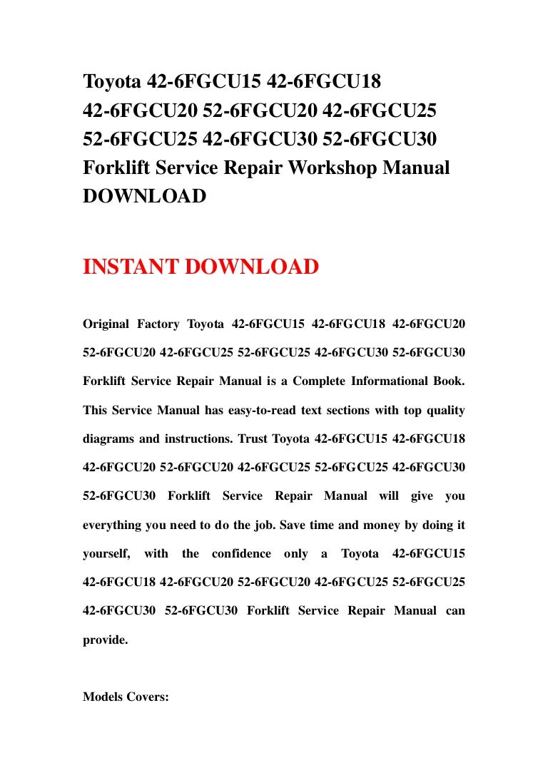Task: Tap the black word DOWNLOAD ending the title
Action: click(145, 195)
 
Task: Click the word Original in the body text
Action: click(106, 324)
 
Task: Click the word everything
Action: click(113, 525)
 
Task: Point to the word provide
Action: click(105, 640)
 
